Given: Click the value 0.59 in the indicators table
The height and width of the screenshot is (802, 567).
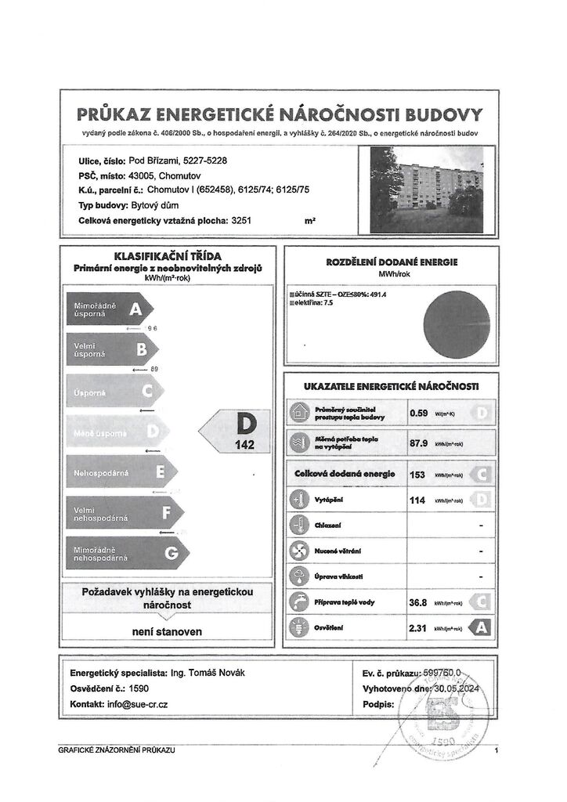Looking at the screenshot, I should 419,412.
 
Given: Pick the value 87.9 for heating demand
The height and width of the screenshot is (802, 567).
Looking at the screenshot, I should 420,443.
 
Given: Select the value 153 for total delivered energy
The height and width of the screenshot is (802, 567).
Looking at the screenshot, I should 417,474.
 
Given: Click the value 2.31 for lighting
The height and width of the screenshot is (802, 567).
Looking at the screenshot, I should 419,627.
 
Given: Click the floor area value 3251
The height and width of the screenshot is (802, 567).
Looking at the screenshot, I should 242,222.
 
